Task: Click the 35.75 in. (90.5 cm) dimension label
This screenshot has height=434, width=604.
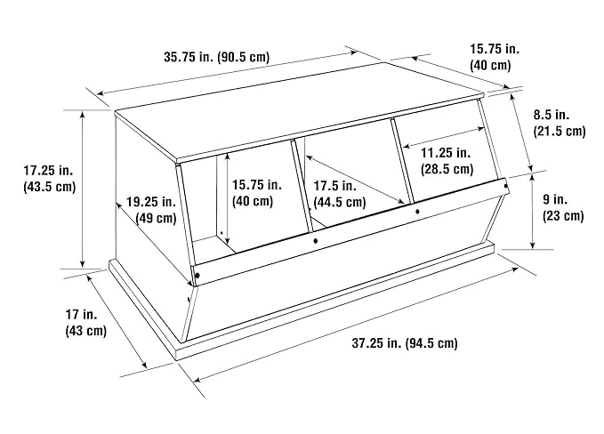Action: (x=217, y=57)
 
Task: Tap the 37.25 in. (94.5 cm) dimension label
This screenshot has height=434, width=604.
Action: (x=405, y=342)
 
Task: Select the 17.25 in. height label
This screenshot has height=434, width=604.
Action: (x=50, y=178)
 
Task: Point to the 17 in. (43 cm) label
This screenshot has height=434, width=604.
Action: (x=85, y=323)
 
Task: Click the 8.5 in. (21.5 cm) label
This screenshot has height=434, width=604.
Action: (x=560, y=123)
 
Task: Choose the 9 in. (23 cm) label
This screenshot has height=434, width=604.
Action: (x=563, y=207)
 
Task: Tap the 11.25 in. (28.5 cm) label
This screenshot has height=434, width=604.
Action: (x=447, y=161)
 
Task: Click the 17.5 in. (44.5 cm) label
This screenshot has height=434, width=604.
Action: (x=340, y=194)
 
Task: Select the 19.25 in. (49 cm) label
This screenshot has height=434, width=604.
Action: (x=151, y=210)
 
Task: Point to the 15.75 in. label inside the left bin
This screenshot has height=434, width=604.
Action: (x=256, y=193)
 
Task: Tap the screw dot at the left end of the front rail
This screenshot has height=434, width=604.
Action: (x=197, y=276)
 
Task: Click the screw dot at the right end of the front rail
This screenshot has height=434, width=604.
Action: (x=506, y=186)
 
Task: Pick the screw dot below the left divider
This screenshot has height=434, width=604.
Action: (x=316, y=241)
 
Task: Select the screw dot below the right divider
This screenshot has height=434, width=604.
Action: (x=417, y=212)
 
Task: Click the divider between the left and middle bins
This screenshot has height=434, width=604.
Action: (x=302, y=186)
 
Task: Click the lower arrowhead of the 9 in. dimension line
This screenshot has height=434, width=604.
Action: (x=532, y=245)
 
